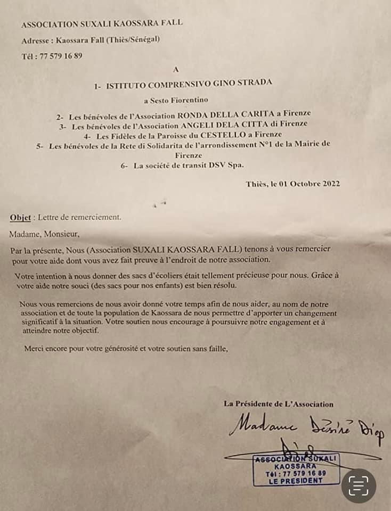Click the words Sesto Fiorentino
coord(179,100)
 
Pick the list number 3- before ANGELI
coord(63,127)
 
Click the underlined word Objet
coord(20,217)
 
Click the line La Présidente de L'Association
coord(279,405)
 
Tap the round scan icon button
coord(359,485)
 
